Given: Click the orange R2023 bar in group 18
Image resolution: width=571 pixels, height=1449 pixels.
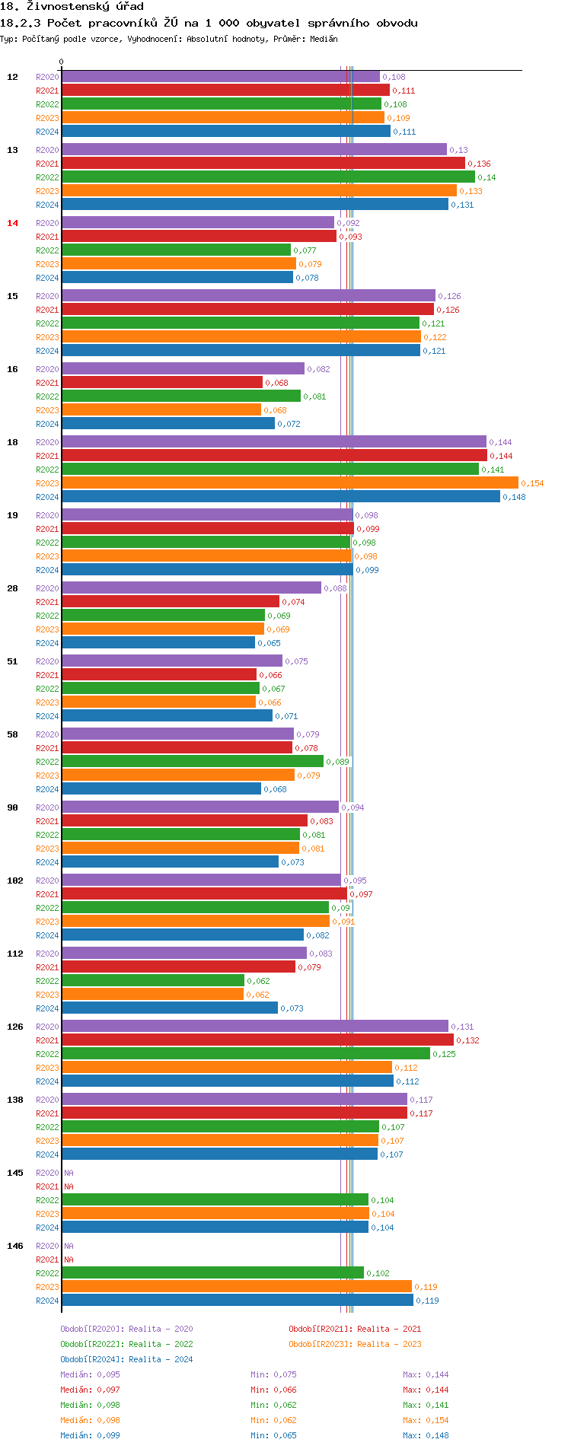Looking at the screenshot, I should click(289, 483).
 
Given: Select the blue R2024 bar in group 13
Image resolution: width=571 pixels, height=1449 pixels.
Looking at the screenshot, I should click(255, 205).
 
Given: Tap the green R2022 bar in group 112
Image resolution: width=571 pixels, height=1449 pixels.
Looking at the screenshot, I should click(152, 981).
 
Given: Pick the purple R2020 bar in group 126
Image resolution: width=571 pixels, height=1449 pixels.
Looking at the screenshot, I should click(255, 1027).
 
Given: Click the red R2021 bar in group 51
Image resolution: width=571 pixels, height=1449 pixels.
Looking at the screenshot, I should click(159, 675).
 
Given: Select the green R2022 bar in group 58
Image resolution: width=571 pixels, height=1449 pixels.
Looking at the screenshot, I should click(193, 762).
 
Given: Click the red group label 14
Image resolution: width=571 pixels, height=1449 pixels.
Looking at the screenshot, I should click(12, 223).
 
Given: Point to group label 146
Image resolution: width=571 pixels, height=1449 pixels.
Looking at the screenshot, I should click(15, 1246).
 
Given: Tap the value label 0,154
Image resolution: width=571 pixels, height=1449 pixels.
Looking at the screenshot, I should click(532, 483).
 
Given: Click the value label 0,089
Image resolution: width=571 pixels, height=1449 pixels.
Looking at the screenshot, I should click(337, 762).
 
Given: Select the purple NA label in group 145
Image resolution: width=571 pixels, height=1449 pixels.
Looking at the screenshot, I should click(69, 1173).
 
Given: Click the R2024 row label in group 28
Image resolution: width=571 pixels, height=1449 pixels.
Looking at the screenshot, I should click(47, 643).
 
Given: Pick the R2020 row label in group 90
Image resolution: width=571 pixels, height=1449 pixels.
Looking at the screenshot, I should click(47, 807).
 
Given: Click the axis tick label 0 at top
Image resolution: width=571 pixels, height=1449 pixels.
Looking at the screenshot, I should click(62, 62).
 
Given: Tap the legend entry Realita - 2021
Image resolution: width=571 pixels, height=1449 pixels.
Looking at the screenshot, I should click(355, 1329).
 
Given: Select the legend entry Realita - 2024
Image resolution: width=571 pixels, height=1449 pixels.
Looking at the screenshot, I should click(126, 1359).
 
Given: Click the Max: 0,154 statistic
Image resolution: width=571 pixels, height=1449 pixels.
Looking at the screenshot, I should click(426, 1420).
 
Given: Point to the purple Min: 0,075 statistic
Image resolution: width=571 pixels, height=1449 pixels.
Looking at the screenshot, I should click(273, 1374).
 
